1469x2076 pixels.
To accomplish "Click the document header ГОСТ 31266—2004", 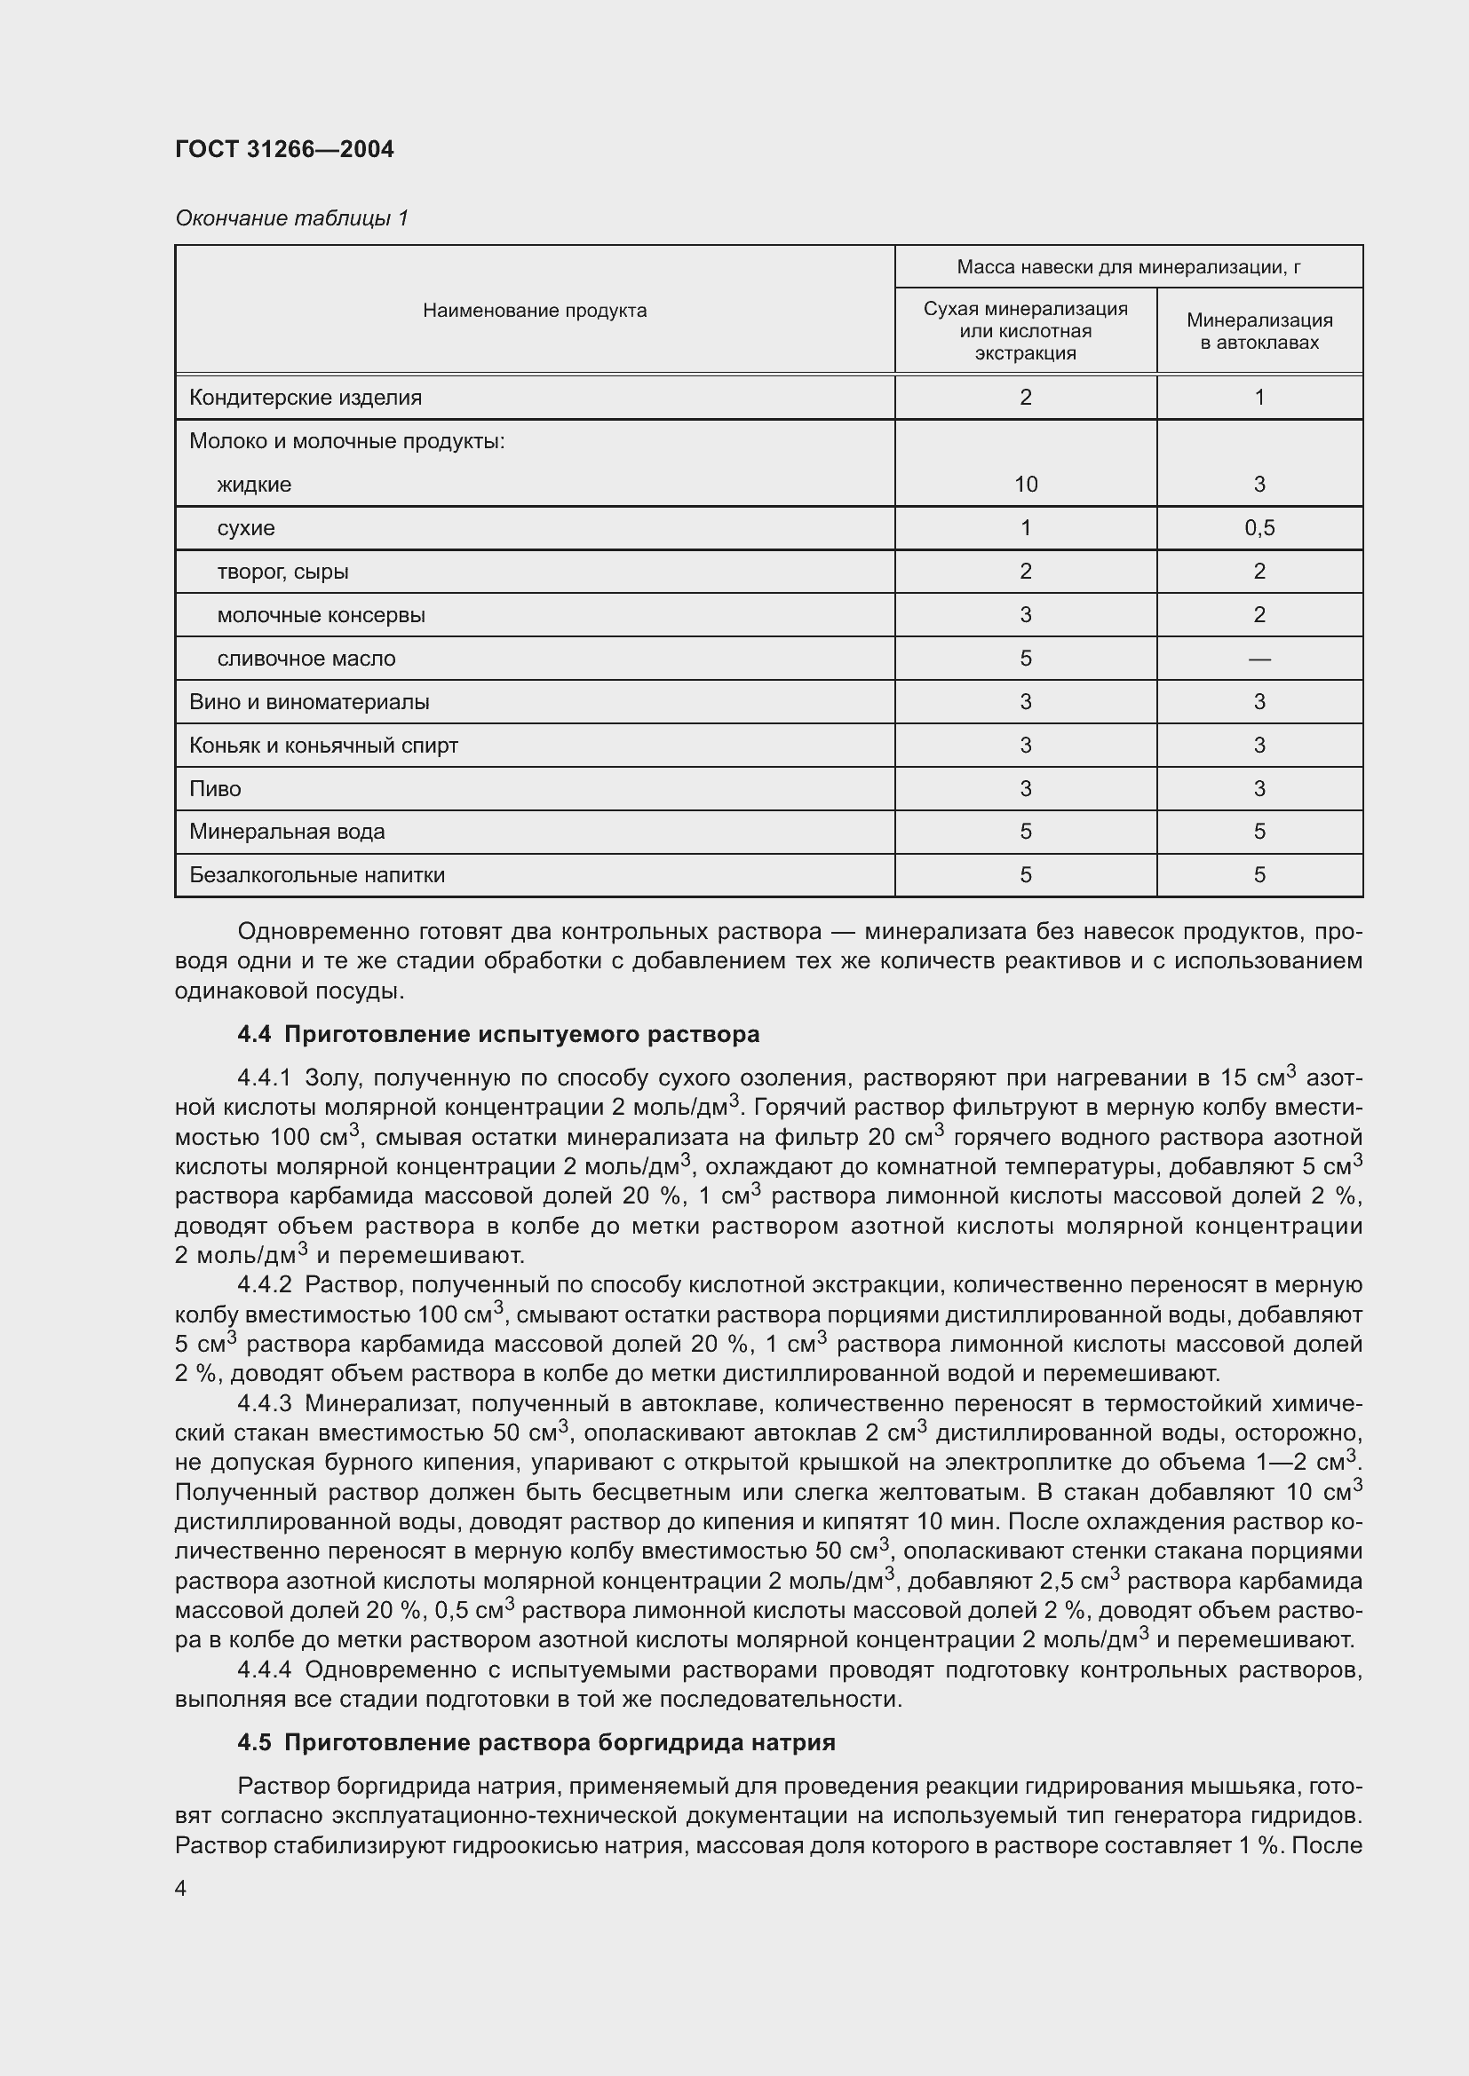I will coord(284,149).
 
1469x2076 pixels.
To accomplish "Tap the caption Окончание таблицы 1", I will coord(291,218).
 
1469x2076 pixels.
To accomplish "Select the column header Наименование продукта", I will coord(535,311).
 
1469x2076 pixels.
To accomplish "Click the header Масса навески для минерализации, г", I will coord(1128,267).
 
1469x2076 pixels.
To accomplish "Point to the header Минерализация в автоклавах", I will coord(1259,331).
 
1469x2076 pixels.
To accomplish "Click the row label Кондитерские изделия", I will coord(305,398).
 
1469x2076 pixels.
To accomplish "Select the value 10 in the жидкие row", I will coord(1025,485).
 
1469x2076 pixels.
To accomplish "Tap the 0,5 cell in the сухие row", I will coord(1259,528).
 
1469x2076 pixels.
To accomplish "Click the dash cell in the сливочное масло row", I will coord(1259,659).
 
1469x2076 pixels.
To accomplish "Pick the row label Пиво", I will coord(215,788).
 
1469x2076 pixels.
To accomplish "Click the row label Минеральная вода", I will coord(287,832).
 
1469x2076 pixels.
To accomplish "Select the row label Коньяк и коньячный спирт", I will coord(323,746).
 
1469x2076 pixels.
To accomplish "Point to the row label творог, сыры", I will coord(282,572).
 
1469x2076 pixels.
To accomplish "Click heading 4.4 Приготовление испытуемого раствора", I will coord(497,1034).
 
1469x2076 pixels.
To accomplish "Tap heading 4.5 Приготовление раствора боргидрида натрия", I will coord(536,1742).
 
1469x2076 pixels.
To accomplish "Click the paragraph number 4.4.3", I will coord(264,1404).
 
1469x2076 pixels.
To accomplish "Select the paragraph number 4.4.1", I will coord(264,1078).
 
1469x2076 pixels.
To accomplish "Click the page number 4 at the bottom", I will coord(181,1888).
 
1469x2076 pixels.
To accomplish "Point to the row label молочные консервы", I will coord(321,615).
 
